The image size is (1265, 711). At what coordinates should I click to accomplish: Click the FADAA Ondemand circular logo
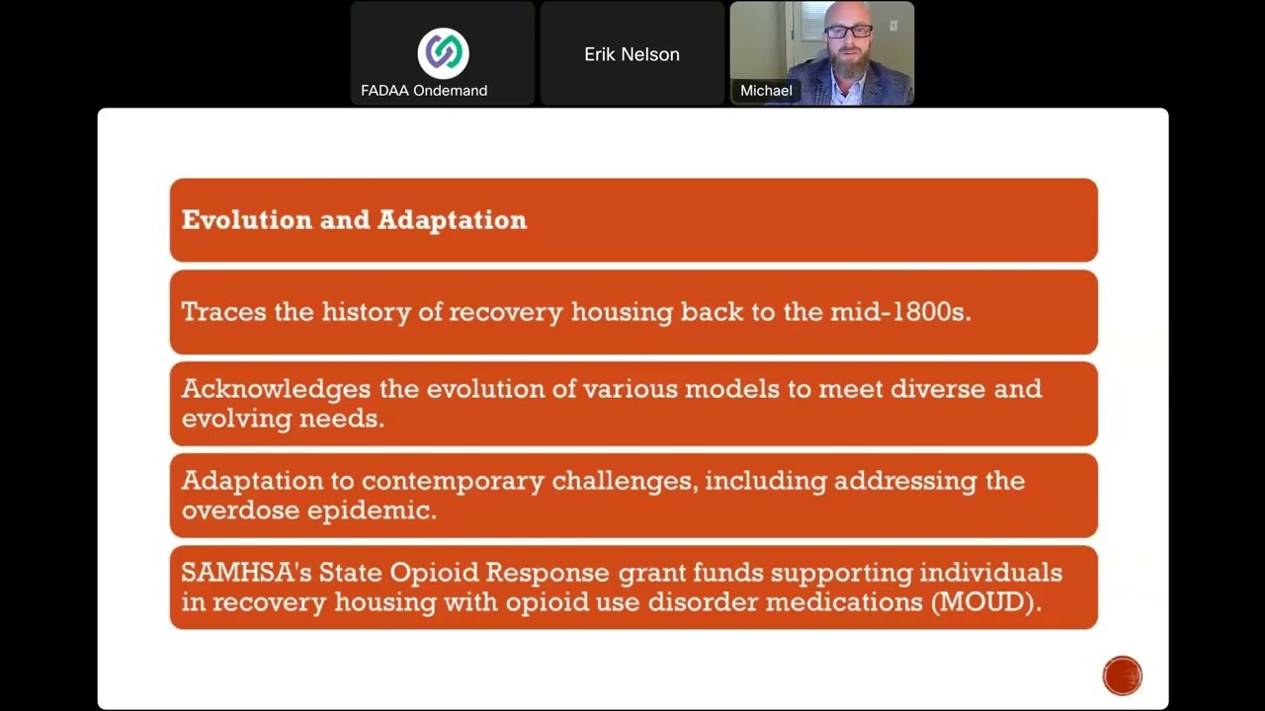(443, 53)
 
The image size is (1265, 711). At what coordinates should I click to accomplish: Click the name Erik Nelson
(632, 55)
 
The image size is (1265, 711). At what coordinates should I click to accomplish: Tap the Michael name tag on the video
(767, 91)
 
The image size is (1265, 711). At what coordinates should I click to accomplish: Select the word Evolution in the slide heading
(246, 220)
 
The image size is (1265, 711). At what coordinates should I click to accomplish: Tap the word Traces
(223, 312)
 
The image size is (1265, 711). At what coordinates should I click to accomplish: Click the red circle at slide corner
(1122, 676)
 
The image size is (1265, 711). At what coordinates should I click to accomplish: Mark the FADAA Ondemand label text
(424, 91)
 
